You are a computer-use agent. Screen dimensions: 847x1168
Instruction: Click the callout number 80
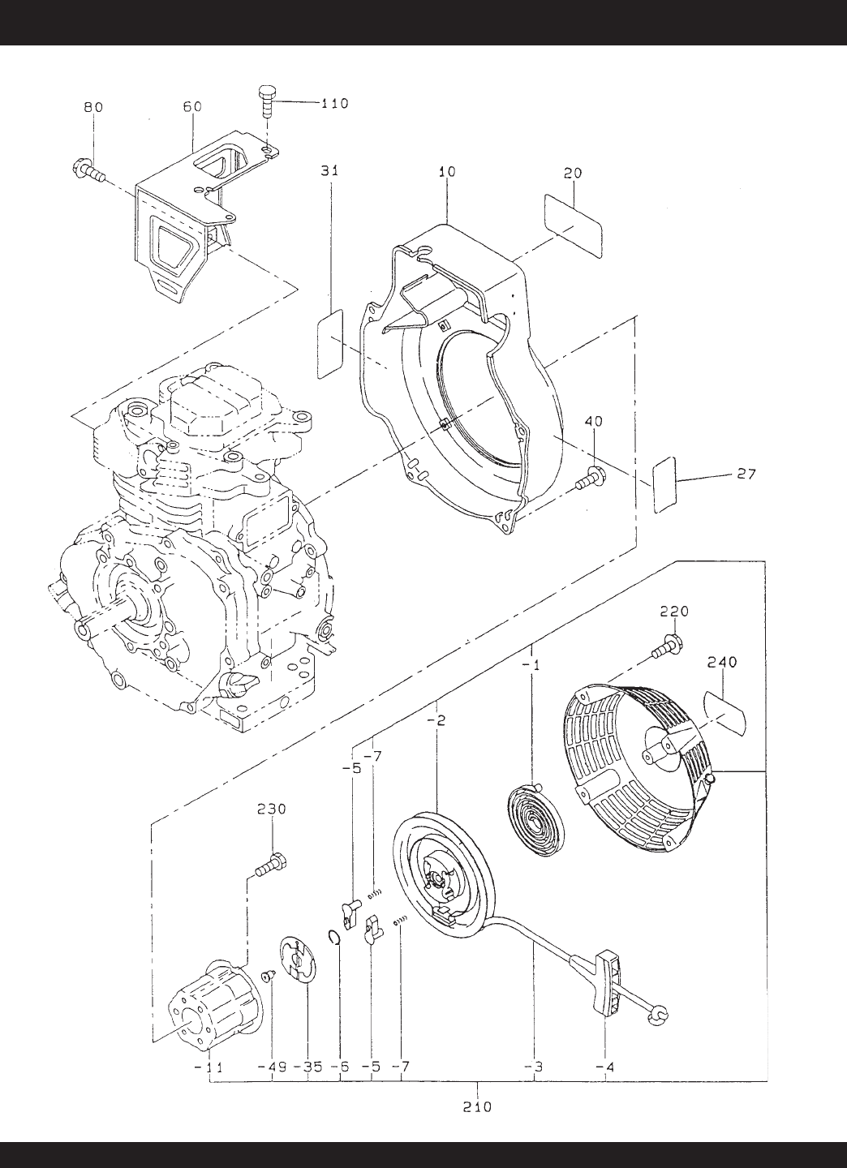93,107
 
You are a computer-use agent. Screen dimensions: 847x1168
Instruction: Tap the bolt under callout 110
266,104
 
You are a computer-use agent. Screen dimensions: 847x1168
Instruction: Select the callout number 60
192,106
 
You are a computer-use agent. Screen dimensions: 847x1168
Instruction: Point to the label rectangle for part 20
573,225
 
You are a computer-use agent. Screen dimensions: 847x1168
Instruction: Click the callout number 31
329,170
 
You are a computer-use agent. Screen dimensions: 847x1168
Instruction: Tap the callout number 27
746,474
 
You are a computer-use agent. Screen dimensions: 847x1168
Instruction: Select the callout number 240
722,662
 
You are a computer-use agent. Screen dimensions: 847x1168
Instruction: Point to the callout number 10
447,171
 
